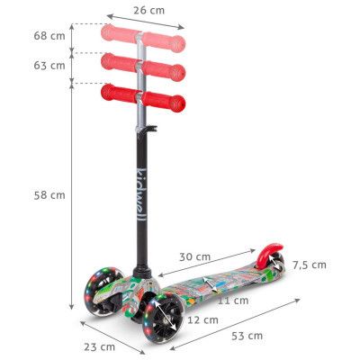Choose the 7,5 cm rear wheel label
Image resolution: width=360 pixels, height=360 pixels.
[x=309, y=265]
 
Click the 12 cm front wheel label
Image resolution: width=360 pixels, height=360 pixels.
[x=203, y=319]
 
